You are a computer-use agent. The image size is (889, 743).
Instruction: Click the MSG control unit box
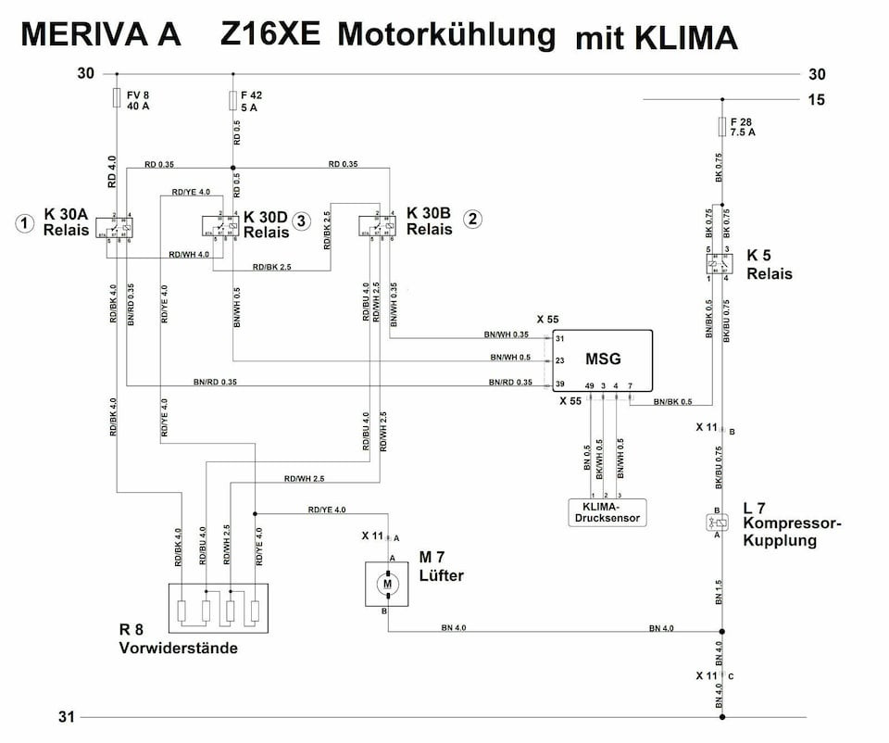602,361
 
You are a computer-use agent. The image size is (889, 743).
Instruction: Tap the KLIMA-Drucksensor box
606,512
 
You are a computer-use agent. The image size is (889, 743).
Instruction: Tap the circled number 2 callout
473,220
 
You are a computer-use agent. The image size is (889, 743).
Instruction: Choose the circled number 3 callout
301,220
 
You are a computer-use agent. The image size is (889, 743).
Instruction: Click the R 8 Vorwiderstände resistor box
218,608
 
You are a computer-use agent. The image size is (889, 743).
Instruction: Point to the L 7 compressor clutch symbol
718,523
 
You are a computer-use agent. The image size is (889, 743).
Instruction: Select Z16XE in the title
270,34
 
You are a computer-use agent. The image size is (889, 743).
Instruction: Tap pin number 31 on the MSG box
560,338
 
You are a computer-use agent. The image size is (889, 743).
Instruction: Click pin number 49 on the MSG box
589,384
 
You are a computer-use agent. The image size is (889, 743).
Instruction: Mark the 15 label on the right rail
816,100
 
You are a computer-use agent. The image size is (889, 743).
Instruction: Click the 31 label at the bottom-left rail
66,716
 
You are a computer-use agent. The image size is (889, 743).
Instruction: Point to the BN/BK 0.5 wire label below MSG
672,402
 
